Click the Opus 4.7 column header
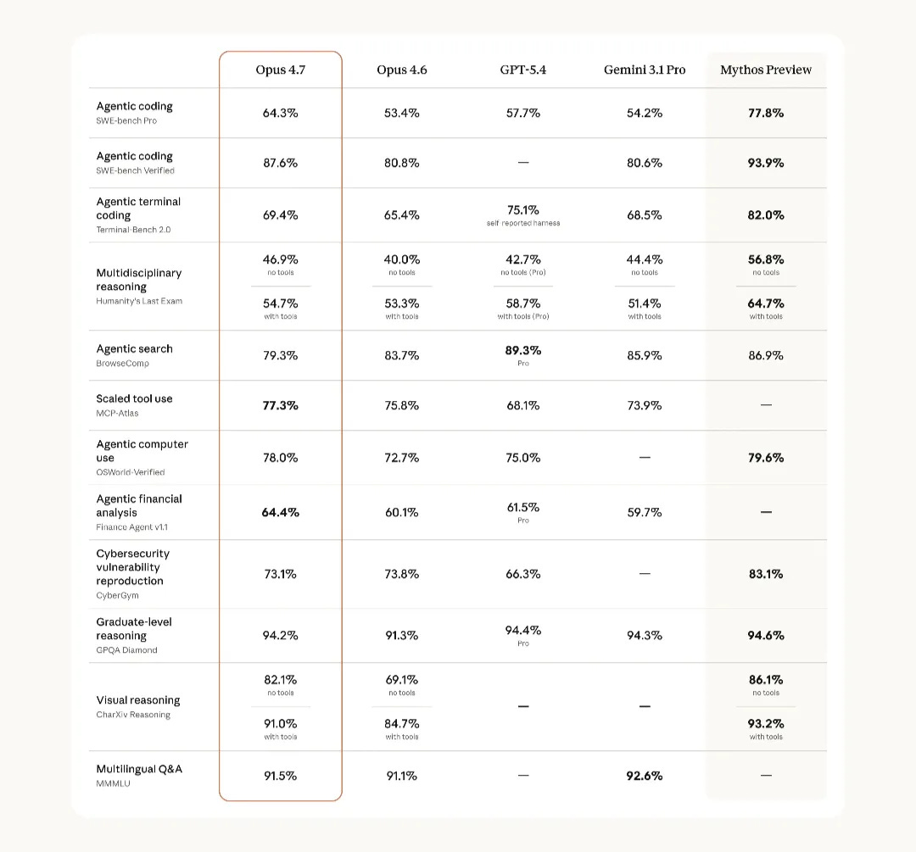point(280,70)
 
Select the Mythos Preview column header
point(766,70)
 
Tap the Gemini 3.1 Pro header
point(644,70)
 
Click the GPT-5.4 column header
point(522,70)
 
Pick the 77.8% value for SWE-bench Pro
point(766,113)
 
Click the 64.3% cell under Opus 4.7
point(280,113)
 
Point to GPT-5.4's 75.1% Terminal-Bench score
point(522,210)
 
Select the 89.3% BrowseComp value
point(522,350)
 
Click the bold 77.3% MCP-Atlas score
point(280,405)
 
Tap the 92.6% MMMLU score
point(644,776)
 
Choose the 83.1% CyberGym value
point(766,574)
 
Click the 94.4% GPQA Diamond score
point(522,630)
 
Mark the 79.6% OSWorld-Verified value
point(766,458)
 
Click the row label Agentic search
point(134,348)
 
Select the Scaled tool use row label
point(134,398)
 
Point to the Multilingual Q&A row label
point(139,769)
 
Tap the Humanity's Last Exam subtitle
point(139,301)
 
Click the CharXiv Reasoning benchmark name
point(133,715)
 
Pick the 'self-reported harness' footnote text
point(522,223)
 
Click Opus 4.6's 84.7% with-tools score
point(401,724)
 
